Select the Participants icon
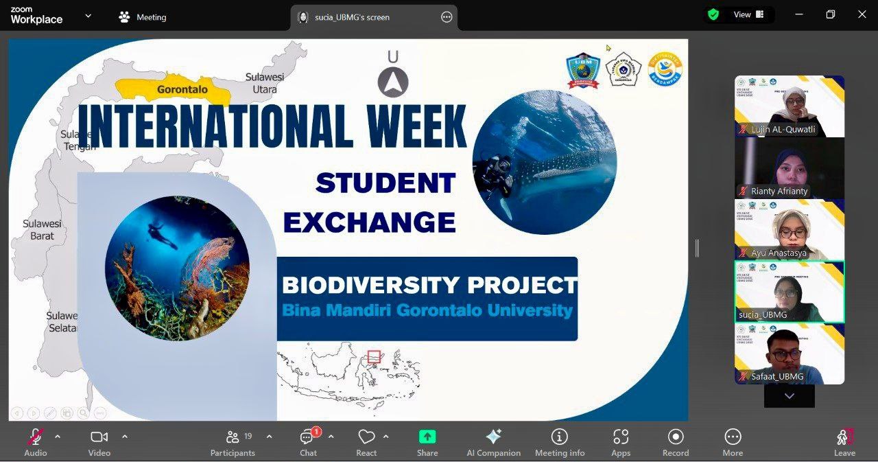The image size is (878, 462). click(x=233, y=437)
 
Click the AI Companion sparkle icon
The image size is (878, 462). click(x=493, y=437)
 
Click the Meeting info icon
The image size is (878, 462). click(x=560, y=437)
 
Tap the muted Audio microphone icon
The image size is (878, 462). click(x=35, y=437)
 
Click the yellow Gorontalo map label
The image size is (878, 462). click(x=182, y=89)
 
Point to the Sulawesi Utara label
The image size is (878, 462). click(x=265, y=83)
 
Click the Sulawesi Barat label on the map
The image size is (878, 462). click(x=42, y=230)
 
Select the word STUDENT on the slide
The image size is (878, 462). click(x=385, y=183)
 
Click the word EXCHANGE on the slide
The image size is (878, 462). click(x=370, y=222)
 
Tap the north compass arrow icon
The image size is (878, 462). click(x=393, y=82)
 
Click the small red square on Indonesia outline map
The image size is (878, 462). click(x=374, y=356)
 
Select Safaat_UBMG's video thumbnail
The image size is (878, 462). click(x=790, y=354)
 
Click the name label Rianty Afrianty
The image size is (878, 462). click(x=779, y=191)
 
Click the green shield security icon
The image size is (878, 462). click(x=713, y=14)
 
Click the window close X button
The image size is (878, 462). click(x=862, y=14)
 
